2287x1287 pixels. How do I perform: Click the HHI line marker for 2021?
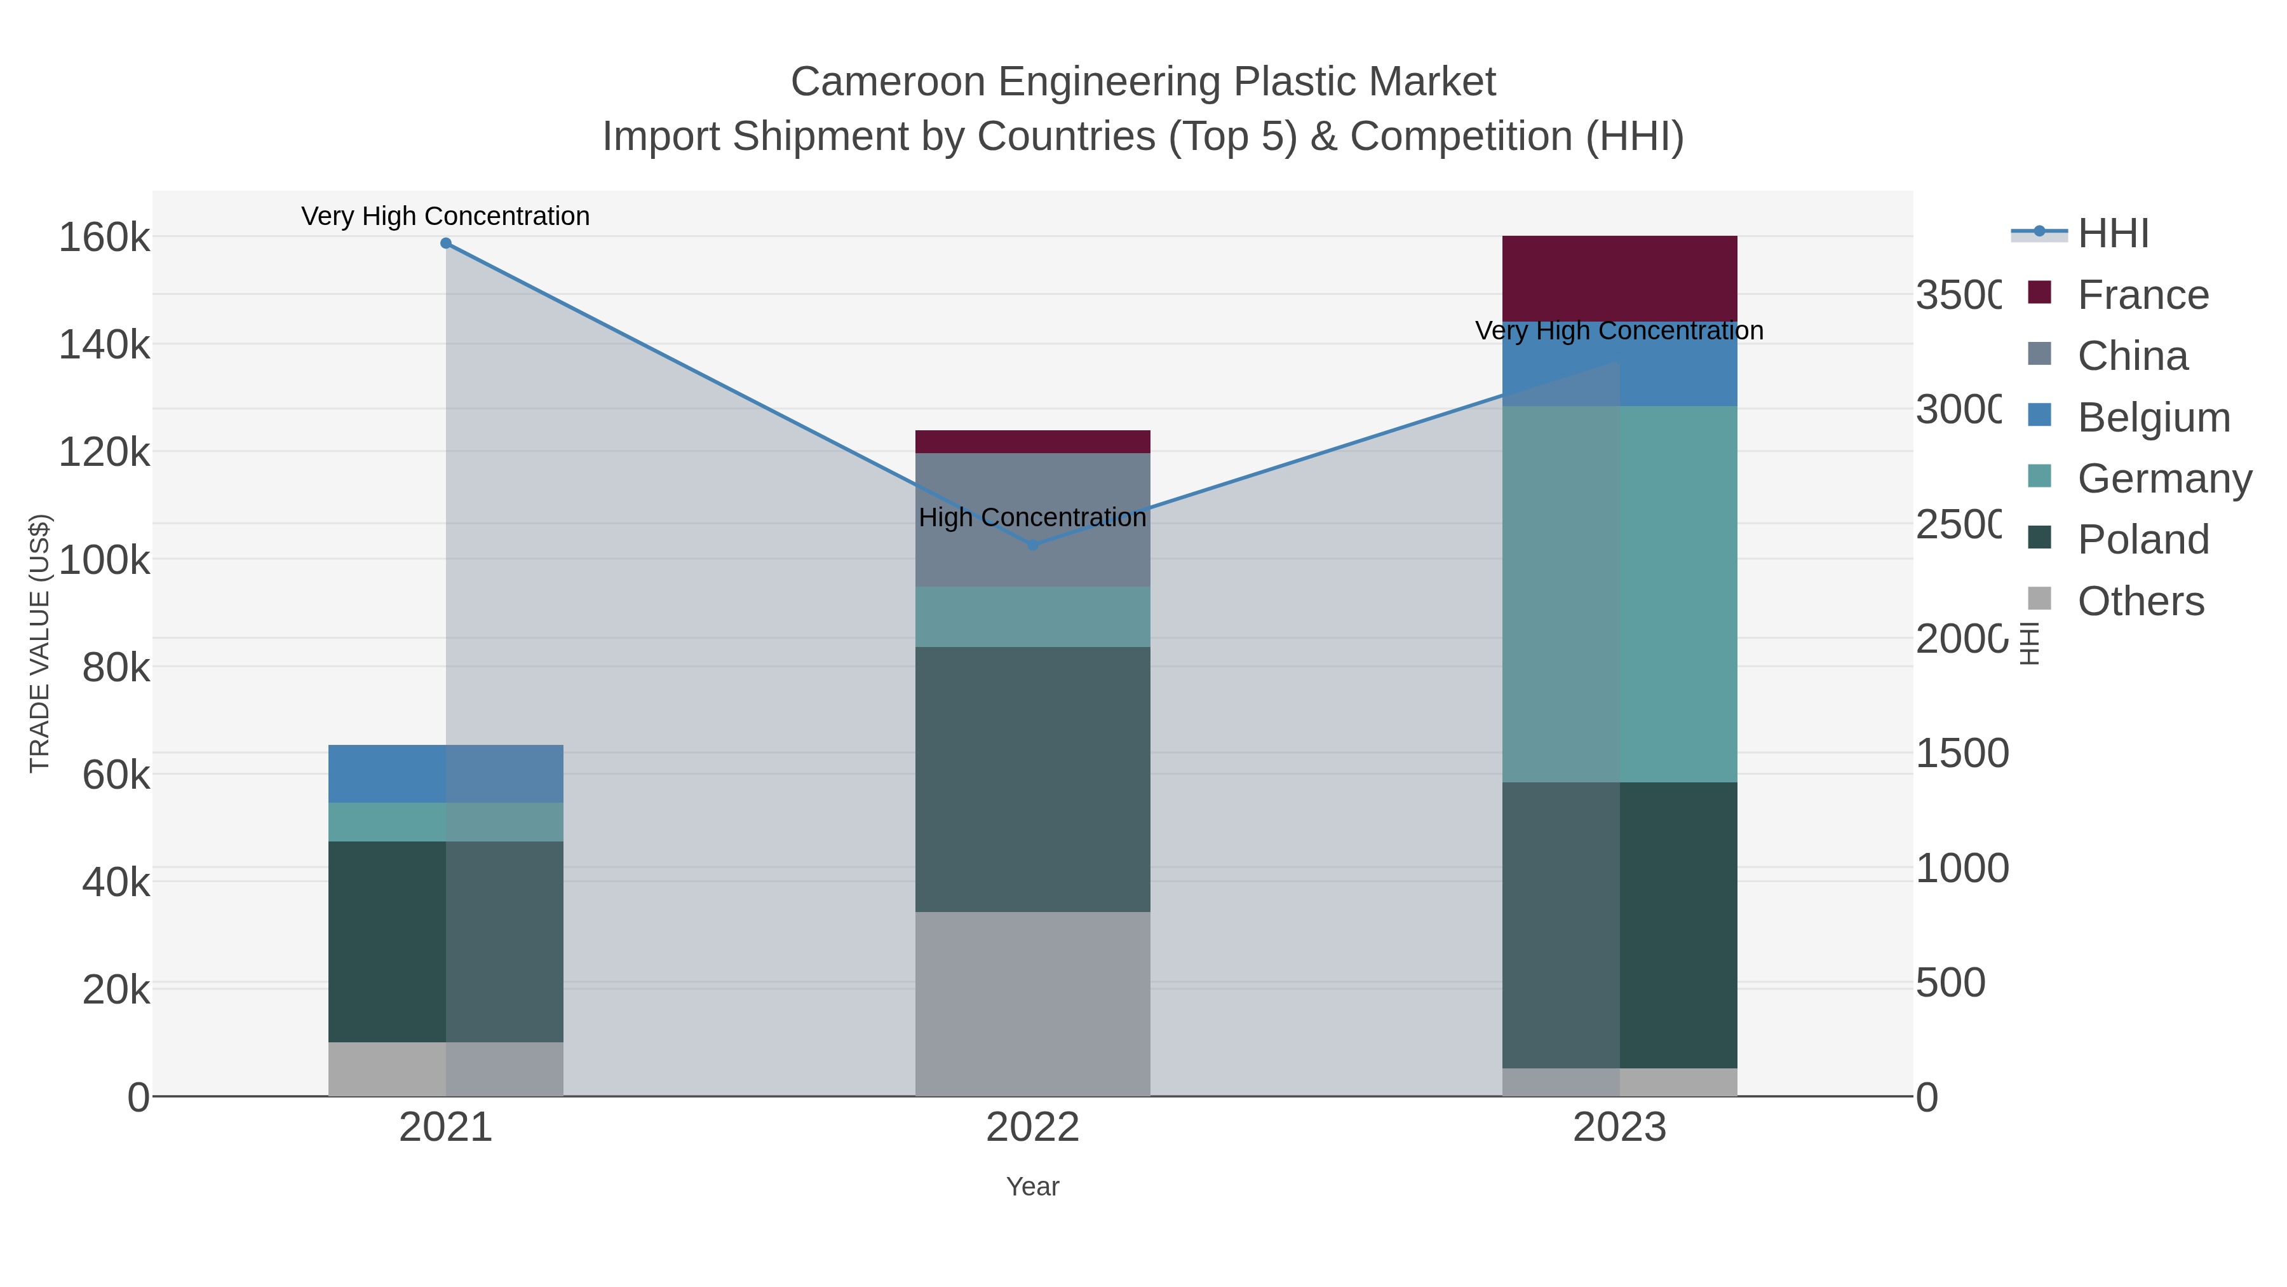click(x=446, y=243)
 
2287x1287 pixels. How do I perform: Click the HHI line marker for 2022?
click(x=1032, y=545)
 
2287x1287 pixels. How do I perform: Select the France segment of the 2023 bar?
click(x=1619, y=278)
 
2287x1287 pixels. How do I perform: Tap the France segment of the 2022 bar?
click(x=1032, y=442)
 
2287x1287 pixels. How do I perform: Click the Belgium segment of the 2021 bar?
click(x=446, y=773)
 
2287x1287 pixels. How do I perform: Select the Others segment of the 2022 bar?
click(x=1032, y=1004)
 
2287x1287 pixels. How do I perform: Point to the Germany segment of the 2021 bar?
click(x=446, y=822)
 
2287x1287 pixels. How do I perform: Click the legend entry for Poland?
click(x=2142, y=539)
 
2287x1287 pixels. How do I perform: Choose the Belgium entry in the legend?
click(x=2153, y=418)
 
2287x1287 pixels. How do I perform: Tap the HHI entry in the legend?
click(x=2113, y=234)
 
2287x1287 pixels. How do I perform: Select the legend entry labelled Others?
click(x=2140, y=601)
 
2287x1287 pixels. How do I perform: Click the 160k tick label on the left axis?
click(x=105, y=238)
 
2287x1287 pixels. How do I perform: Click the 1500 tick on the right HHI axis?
click(x=1961, y=753)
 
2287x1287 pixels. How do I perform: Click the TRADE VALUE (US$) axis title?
click(x=40, y=643)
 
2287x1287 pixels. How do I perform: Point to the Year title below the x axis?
click(x=1032, y=1187)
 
